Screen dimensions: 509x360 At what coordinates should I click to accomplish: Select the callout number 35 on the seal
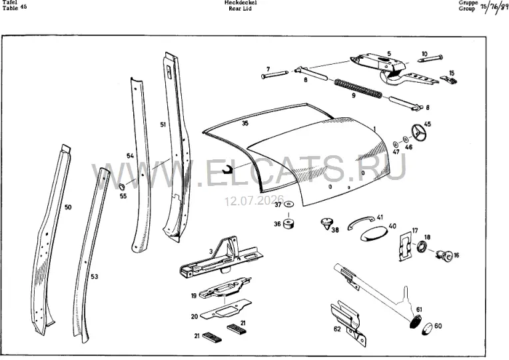[245, 123]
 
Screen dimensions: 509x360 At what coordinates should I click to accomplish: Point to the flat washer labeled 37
[288, 204]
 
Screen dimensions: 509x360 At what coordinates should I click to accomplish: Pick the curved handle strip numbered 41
[361, 222]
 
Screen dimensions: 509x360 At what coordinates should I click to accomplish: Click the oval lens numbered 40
[374, 234]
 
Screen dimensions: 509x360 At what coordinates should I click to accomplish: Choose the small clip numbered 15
[448, 79]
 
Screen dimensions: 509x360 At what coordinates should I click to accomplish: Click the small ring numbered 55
[123, 187]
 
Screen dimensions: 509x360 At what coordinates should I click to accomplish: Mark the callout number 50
[68, 207]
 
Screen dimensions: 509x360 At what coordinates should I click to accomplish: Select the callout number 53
[94, 277]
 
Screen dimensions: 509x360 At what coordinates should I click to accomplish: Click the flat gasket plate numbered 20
[226, 309]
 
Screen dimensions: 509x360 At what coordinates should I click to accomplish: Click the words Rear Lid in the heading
[240, 9]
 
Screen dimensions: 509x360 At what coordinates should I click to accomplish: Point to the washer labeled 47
[396, 143]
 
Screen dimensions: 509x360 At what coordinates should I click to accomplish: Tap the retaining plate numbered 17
[406, 246]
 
